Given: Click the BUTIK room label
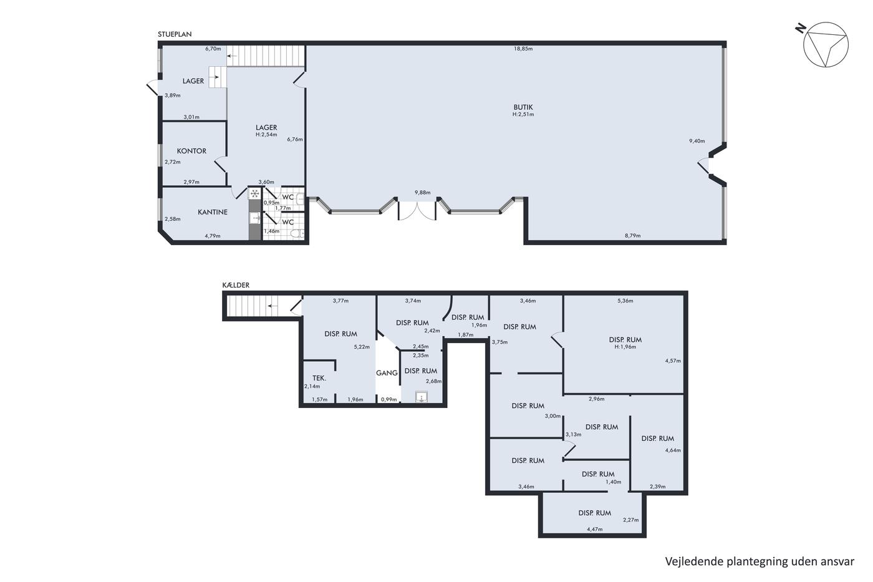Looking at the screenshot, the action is tap(523, 107).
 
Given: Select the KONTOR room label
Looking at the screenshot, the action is tap(191, 151).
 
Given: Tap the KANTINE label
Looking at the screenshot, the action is tap(213, 212).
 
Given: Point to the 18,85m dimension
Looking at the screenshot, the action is tap(523, 49).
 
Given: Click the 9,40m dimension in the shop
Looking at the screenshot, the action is tap(697, 141).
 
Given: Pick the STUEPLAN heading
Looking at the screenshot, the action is tap(175, 34).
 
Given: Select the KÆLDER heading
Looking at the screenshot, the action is tap(236, 285).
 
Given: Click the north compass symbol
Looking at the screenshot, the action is tap(823, 44).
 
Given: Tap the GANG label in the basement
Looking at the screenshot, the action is tap(387, 373).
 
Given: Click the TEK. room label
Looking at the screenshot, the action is tap(319, 378).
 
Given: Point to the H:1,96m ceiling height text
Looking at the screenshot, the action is tap(625, 347).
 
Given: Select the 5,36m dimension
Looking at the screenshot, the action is tap(625, 301).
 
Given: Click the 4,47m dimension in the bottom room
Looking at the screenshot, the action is tap(595, 529).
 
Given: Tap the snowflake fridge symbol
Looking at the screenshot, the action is tap(254, 193).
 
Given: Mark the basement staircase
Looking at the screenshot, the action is tap(253, 306).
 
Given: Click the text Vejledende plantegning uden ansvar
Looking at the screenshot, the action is tap(760, 561).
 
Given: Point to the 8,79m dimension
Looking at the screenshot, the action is tap(632, 235).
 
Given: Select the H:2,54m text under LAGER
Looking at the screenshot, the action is tap(266, 135).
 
